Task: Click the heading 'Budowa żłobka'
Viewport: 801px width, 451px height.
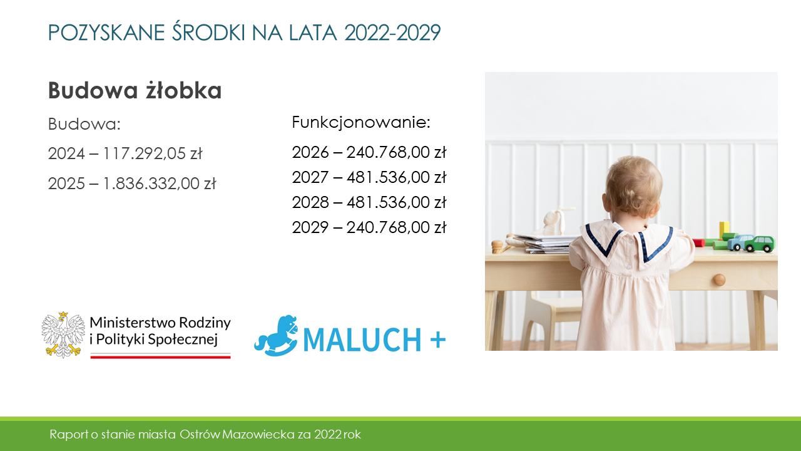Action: (x=135, y=90)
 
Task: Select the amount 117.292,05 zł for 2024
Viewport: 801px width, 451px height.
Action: (x=153, y=153)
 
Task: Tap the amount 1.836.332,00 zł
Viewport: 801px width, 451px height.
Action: (x=160, y=184)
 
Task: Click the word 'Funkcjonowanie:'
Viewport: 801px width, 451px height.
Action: (x=361, y=123)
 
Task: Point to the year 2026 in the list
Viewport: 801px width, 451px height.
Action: (x=310, y=152)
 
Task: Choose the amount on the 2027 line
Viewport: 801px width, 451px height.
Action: (x=396, y=177)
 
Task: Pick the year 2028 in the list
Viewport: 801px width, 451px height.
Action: (x=310, y=202)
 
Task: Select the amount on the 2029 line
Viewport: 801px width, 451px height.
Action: (x=396, y=227)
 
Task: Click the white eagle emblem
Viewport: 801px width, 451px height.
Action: (x=63, y=334)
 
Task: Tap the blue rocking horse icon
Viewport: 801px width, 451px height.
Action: (x=276, y=336)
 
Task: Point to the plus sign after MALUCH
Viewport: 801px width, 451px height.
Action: (x=437, y=340)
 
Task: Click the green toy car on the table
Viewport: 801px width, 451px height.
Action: (x=760, y=244)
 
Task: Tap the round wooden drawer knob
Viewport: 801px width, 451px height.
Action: (x=719, y=279)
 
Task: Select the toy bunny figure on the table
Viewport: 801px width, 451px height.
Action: (x=554, y=222)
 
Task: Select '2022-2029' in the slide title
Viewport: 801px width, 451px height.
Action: (x=392, y=33)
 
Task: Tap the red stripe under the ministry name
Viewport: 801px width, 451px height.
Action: (x=160, y=357)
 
